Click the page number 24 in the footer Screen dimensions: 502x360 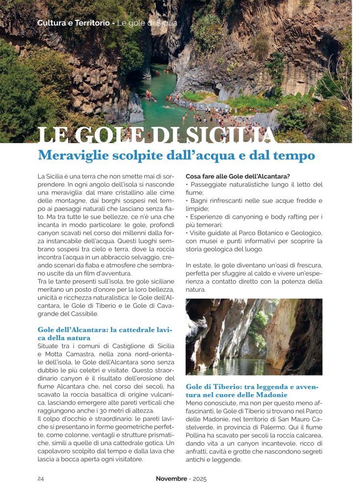pos(41,479)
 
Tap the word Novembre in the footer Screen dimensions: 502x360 pos(172,479)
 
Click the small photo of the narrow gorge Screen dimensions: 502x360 pos(254,337)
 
